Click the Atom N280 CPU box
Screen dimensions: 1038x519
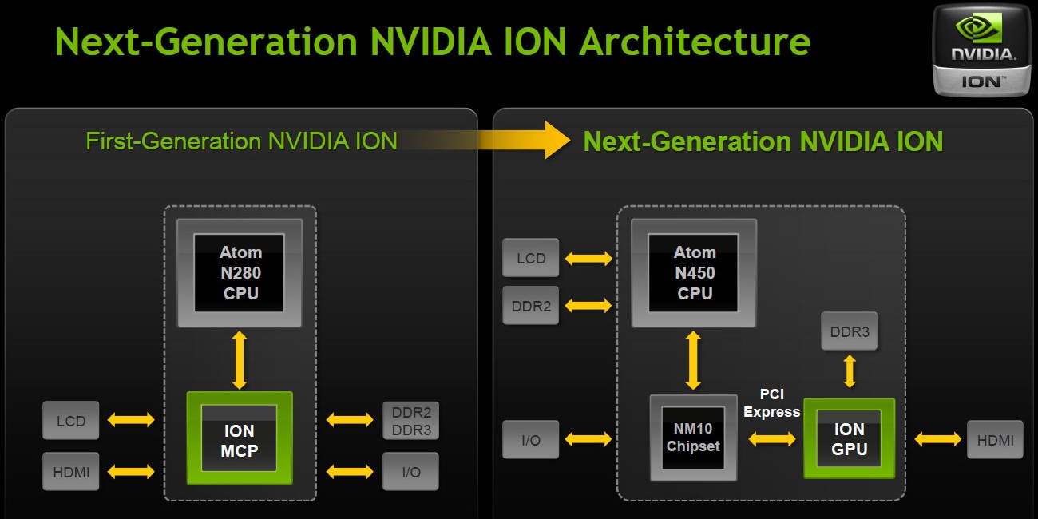(x=240, y=273)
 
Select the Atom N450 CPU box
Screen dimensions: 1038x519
(x=694, y=273)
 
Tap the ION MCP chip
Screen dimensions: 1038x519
(x=240, y=438)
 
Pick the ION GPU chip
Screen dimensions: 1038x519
(x=849, y=438)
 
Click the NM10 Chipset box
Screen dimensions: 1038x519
(x=693, y=438)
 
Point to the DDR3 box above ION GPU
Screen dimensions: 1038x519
(x=849, y=331)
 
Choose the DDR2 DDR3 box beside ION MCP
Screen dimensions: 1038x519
(x=410, y=421)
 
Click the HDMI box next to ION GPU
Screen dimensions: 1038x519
(x=995, y=440)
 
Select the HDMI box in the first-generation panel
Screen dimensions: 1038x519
(x=71, y=472)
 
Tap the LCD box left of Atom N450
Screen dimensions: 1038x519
(x=531, y=258)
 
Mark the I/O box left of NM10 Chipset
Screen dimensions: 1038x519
(x=531, y=440)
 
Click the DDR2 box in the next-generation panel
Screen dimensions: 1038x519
(x=531, y=306)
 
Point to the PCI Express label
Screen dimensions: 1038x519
(x=771, y=403)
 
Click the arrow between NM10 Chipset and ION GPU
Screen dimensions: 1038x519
(x=772, y=439)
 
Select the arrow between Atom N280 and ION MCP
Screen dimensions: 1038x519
(x=239, y=360)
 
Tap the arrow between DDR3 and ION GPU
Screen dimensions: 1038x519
(x=850, y=371)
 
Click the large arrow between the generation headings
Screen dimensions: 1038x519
(x=486, y=140)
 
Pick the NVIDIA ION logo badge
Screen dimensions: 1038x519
(x=981, y=50)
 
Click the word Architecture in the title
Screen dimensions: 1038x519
(x=695, y=42)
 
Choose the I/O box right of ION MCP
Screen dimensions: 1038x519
(x=410, y=472)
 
